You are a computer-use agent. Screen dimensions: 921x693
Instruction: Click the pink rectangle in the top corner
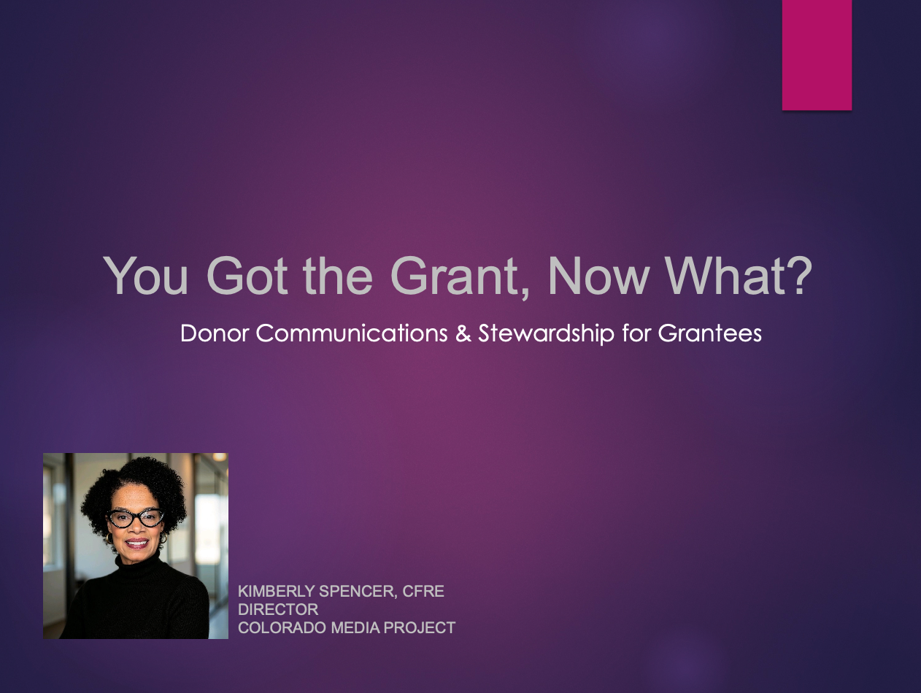pyautogui.click(x=817, y=55)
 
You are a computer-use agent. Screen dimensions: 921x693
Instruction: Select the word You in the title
pyautogui.click(x=146, y=276)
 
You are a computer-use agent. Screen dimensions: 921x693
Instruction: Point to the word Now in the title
pyautogui.click(x=598, y=276)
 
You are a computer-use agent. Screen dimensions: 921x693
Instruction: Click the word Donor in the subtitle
pyautogui.click(x=215, y=333)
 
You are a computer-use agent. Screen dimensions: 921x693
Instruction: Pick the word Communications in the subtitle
pyautogui.click(x=352, y=333)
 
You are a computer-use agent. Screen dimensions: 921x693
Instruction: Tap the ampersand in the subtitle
pyautogui.click(x=463, y=333)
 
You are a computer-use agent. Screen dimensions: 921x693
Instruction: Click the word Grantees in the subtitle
pyautogui.click(x=709, y=333)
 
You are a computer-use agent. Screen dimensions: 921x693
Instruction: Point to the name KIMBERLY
pyautogui.click(x=276, y=592)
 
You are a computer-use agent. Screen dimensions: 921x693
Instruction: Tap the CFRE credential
pyautogui.click(x=423, y=592)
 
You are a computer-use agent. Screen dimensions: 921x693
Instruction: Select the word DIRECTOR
pyautogui.click(x=278, y=610)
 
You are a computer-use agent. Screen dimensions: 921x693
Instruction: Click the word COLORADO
pyautogui.click(x=282, y=628)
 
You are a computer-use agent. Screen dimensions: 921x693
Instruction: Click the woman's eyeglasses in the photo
pyautogui.click(x=135, y=517)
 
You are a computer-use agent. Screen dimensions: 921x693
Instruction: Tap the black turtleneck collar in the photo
pyautogui.click(x=138, y=563)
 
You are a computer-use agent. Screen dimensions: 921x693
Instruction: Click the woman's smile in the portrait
pyautogui.click(x=136, y=543)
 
